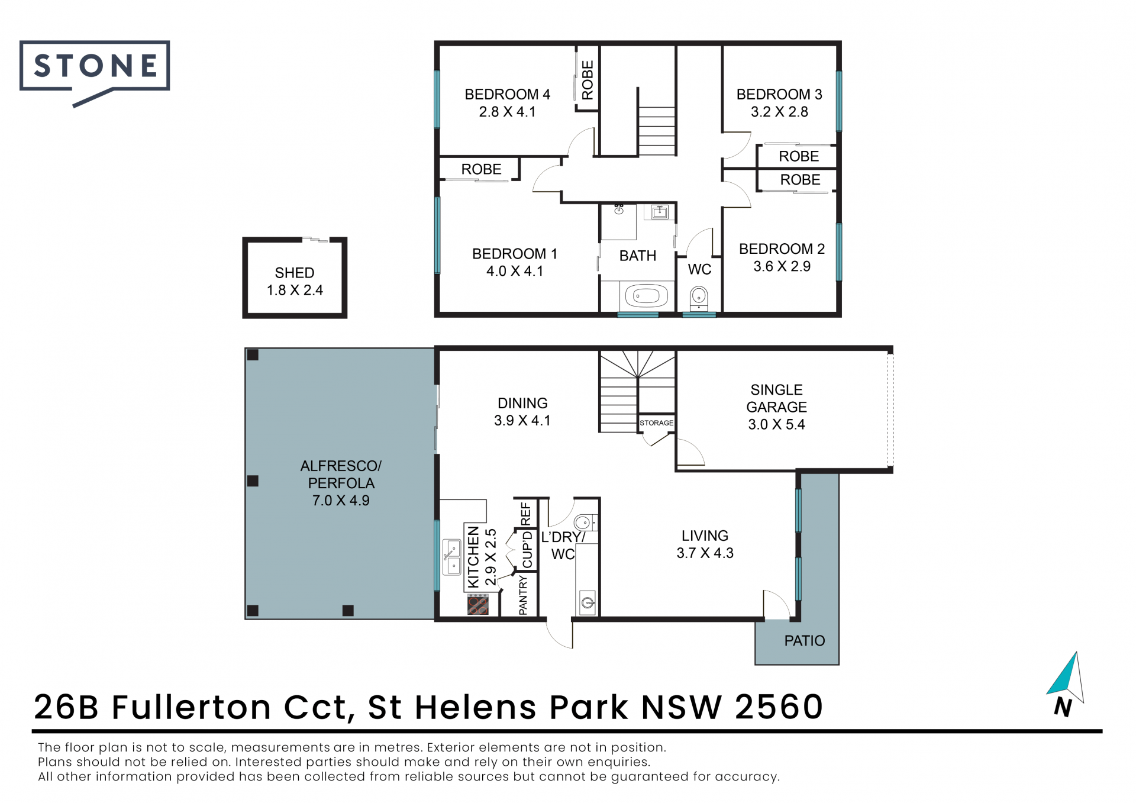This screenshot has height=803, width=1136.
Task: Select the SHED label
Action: pos(295,273)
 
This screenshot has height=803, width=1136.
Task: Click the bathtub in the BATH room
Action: pos(646,295)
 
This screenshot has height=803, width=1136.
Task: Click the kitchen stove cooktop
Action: pos(478,605)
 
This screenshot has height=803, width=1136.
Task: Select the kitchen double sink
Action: pos(452,557)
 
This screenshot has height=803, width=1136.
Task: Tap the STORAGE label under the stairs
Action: pos(656,423)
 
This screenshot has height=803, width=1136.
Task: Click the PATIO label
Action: pos(804,641)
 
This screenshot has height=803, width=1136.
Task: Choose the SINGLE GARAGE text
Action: pos(776,398)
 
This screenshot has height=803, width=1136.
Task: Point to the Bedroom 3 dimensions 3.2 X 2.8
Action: pos(779,112)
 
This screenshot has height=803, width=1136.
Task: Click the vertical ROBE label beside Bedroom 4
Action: pos(588,80)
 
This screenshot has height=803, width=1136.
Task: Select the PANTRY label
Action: pos(523,596)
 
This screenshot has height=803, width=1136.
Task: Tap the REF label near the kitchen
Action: pos(525,514)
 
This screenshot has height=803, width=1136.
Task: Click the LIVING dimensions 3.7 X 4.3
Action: pos(705,553)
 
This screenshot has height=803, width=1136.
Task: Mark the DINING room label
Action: pos(522,404)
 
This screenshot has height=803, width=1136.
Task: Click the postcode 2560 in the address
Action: pos(779,707)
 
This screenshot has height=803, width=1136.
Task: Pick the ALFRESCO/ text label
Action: pos(341,466)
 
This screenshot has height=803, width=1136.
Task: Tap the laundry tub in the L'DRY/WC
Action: pos(587,602)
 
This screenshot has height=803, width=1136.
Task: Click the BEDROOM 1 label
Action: pos(515,254)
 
